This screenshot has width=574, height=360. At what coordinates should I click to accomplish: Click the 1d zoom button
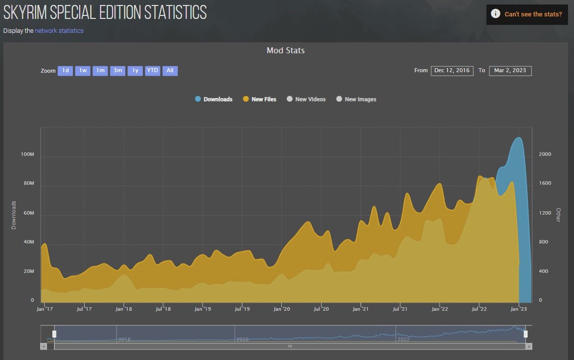point(65,71)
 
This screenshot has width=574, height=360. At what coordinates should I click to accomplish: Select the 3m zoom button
point(117,71)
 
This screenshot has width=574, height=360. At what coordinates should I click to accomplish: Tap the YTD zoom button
point(152,71)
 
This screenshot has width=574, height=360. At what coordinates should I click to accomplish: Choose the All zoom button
point(170,71)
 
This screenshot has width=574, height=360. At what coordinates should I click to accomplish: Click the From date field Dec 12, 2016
point(452,71)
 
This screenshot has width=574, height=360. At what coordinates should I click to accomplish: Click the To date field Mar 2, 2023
point(510,71)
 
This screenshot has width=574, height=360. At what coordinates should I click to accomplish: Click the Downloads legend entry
point(214,99)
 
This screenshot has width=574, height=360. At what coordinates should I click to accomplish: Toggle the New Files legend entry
point(260,99)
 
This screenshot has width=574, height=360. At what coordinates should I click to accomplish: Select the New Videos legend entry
point(306,99)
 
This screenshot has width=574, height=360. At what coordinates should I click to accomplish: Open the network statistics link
point(59,31)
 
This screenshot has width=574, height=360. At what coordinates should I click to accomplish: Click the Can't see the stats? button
point(527,14)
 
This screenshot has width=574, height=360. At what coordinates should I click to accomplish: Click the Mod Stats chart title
point(286,50)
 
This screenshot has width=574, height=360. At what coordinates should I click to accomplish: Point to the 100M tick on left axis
point(27,154)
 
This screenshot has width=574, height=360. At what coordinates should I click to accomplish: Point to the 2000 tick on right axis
point(545,154)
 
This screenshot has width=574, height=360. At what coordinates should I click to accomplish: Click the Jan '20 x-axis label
point(282,309)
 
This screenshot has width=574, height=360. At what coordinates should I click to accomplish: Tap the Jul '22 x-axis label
point(479,309)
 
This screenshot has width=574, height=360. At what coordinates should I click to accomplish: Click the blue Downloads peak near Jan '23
point(518,138)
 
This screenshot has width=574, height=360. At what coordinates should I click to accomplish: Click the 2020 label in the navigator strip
point(242,340)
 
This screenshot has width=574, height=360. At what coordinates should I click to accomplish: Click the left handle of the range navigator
point(55,334)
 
